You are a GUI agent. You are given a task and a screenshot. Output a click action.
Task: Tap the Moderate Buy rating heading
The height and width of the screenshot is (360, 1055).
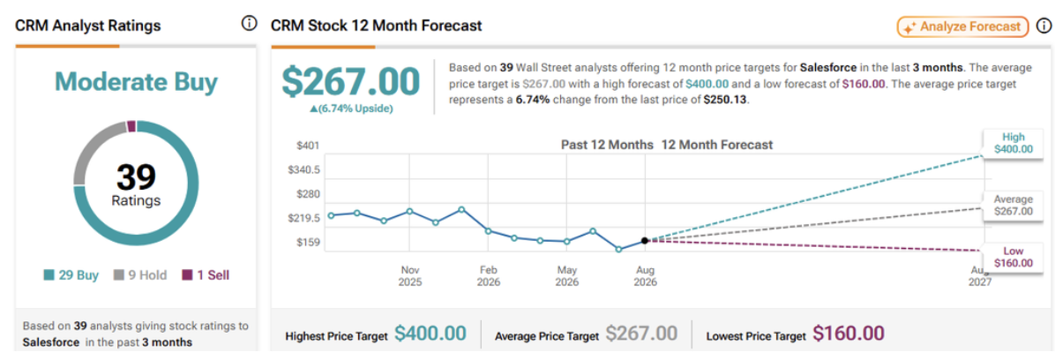pyautogui.click(x=136, y=82)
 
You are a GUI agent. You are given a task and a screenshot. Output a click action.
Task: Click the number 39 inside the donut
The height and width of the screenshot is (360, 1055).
pyautogui.click(x=136, y=177)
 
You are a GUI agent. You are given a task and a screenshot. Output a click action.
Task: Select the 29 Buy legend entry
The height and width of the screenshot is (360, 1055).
pyautogui.click(x=71, y=275)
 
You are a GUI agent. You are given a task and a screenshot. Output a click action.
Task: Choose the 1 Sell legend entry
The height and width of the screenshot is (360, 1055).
pyautogui.click(x=206, y=275)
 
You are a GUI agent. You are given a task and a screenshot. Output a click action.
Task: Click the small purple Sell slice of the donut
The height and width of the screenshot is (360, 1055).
pyautogui.click(x=131, y=126)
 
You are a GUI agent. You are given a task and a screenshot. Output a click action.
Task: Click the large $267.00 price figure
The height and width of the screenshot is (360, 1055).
pyautogui.click(x=350, y=82)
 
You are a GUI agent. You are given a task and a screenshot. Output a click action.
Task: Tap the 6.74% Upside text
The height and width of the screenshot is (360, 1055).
pyautogui.click(x=350, y=109)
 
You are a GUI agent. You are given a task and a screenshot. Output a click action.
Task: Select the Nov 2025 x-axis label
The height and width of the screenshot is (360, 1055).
pyautogui.click(x=410, y=276)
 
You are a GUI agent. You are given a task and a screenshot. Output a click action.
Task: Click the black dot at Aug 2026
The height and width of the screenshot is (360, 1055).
pyautogui.click(x=645, y=240)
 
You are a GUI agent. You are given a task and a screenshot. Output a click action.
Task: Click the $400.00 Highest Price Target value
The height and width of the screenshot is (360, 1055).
pyautogui.click(x=430, y=334)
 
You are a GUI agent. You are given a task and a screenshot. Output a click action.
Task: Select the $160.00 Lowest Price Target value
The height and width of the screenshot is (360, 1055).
pyautogui.click(x=849, y=334)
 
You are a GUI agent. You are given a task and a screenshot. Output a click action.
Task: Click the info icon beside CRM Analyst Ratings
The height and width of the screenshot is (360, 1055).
pyautogui.click(x=248, y=24)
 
